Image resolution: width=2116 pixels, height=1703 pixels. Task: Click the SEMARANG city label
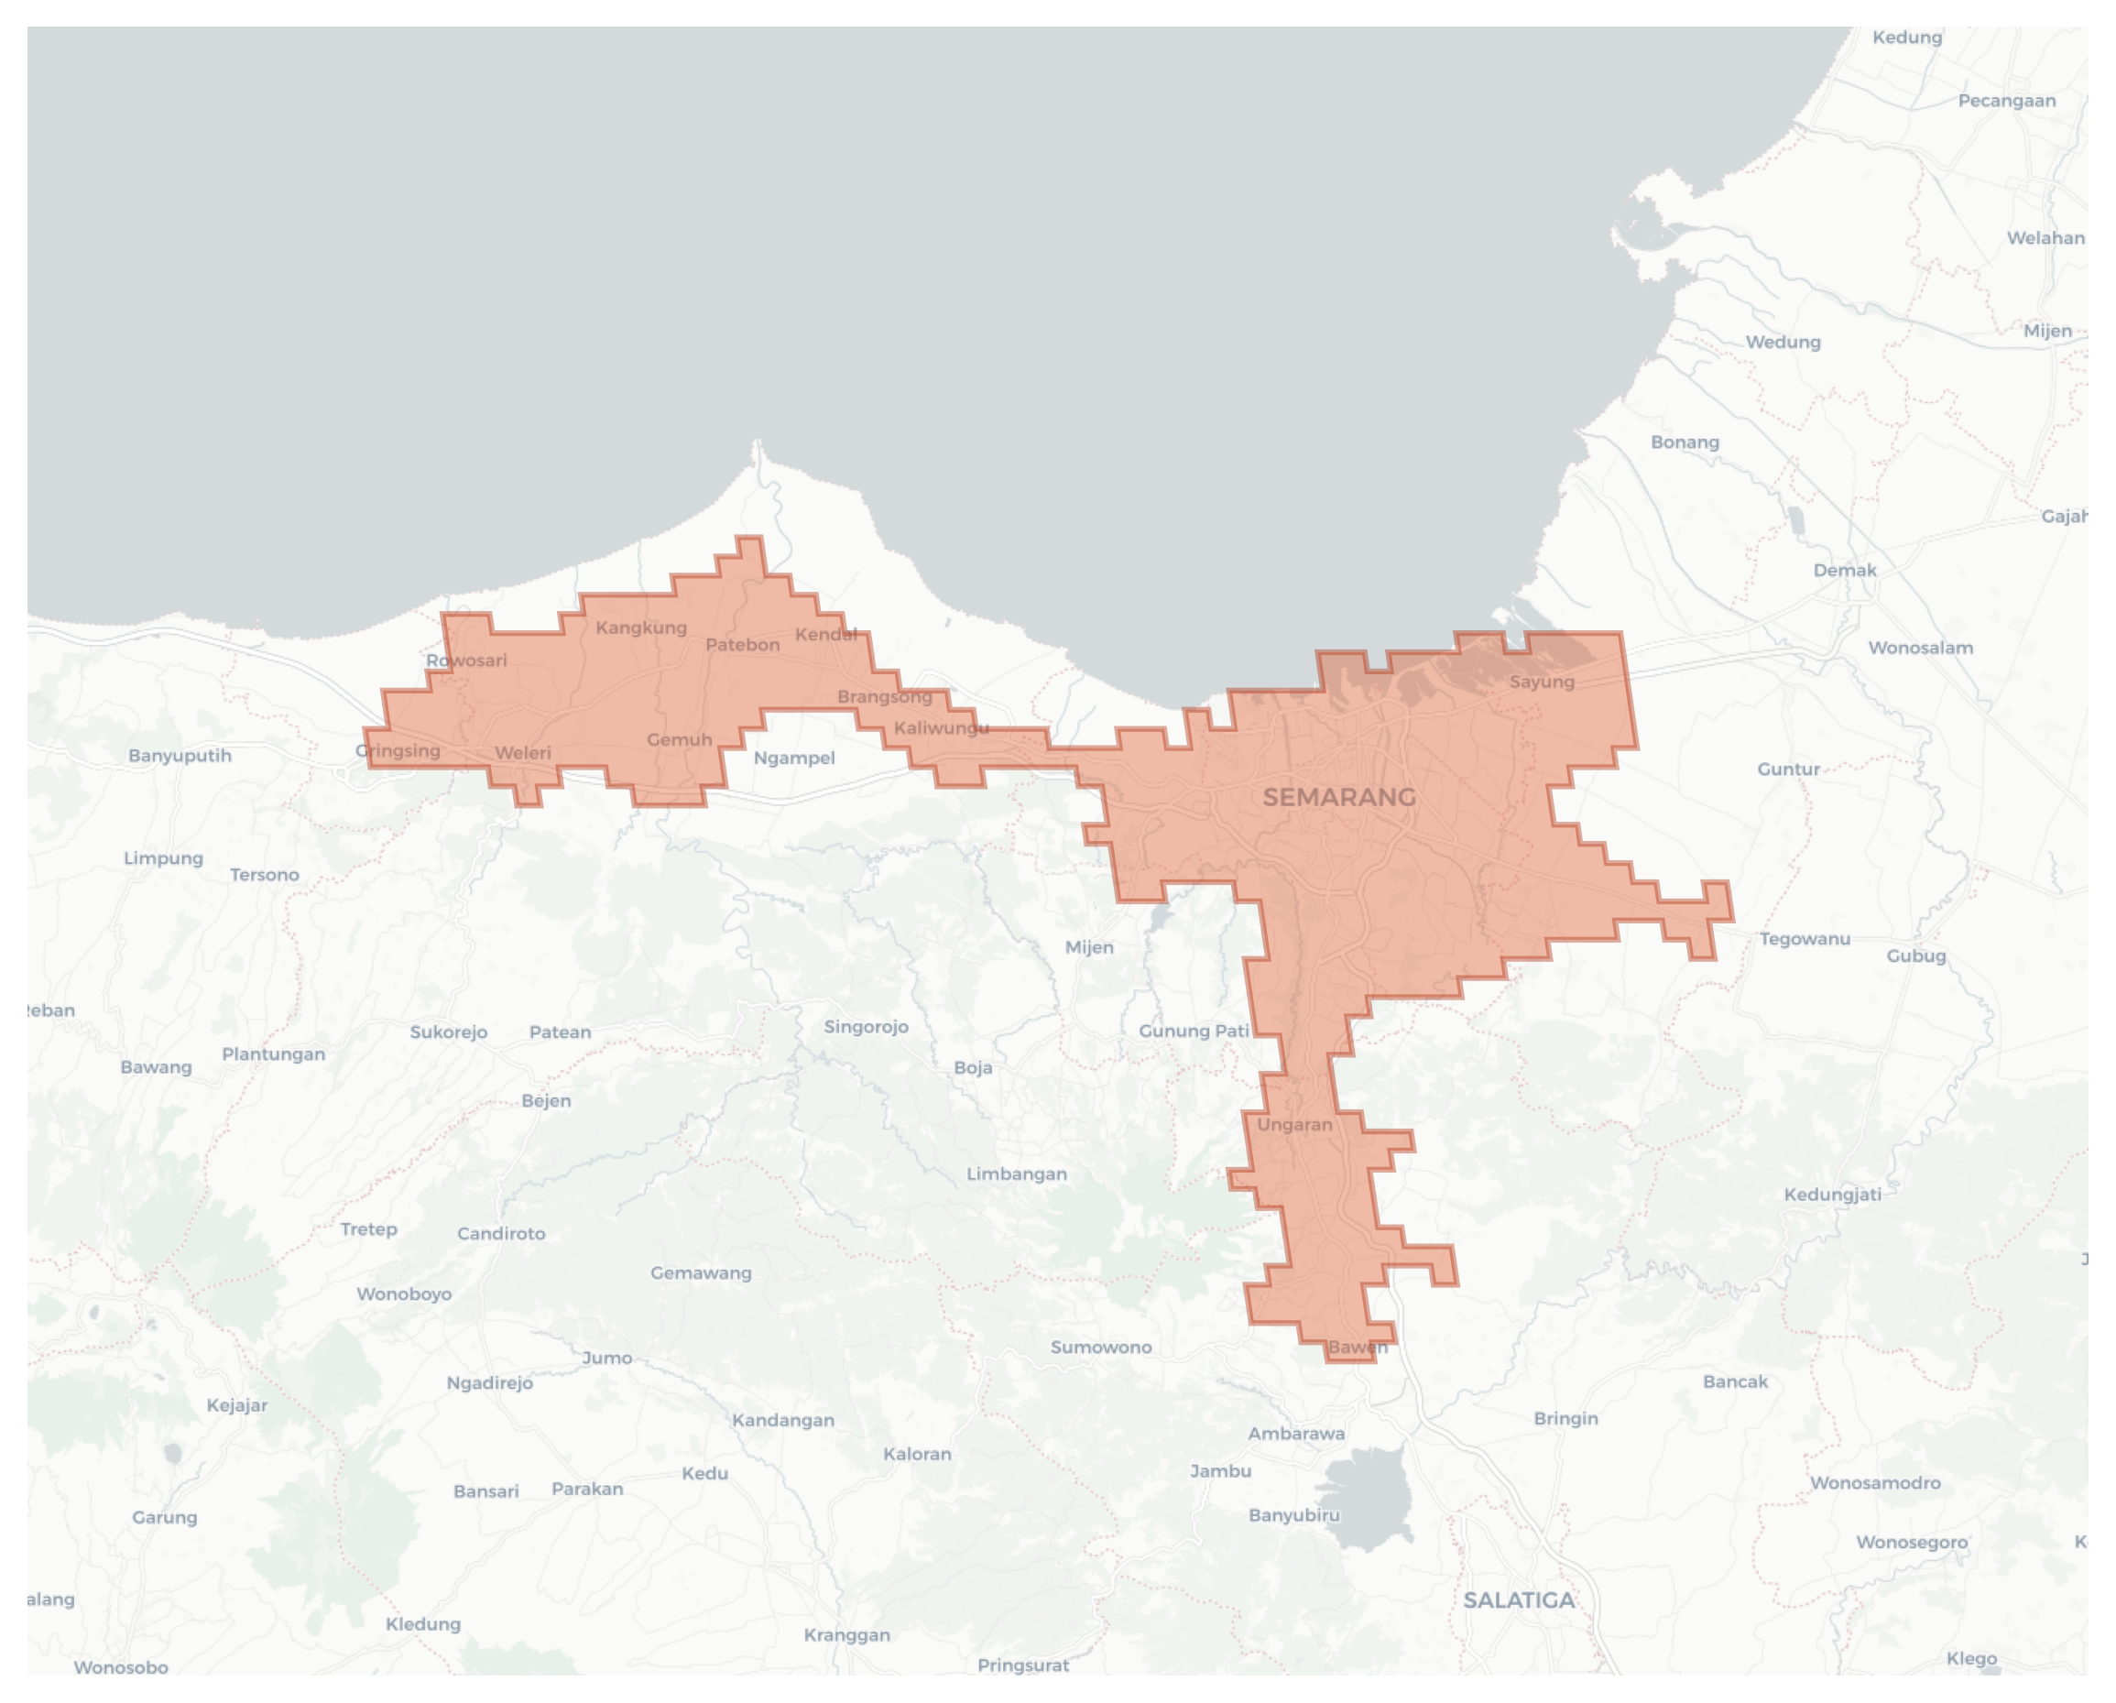1338,797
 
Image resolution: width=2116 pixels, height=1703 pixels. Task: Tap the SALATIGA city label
1519,1599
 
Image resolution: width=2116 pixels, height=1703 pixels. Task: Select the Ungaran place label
1294,1125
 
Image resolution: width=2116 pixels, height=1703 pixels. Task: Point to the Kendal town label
825,634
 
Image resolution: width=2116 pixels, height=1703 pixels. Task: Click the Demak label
1844,571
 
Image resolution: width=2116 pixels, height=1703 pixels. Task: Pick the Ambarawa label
1295,1433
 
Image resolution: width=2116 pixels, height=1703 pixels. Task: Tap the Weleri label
522,753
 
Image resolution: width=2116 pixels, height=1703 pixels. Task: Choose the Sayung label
1541,682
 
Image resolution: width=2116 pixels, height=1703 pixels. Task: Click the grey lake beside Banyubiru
1369,1499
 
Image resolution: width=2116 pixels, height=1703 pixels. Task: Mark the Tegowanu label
1804,938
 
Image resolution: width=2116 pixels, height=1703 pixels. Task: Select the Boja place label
973,1067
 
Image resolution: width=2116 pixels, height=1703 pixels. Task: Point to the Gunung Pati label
1194,1031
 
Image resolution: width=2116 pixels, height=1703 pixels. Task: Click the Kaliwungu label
940,727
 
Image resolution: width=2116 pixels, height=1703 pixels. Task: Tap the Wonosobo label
121,1666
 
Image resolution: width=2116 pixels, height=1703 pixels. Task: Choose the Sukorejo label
449,1032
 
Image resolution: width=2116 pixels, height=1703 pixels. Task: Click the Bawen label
1358,1347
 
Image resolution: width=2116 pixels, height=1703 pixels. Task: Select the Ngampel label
794,758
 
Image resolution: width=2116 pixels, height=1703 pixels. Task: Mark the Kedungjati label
1832,1194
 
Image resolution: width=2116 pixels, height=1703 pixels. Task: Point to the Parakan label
587,1488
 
